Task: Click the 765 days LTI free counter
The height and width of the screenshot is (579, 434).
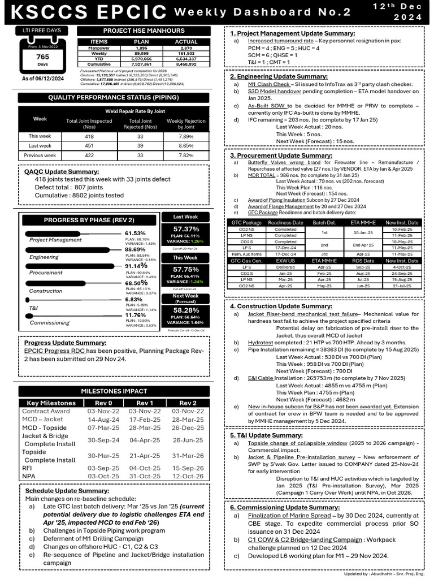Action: (x=42, y=58)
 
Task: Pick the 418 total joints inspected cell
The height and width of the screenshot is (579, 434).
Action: (x=90, y=136)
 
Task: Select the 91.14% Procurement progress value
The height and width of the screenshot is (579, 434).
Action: (x=136, y=265)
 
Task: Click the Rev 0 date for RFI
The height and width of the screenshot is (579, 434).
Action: (x=96, y=468)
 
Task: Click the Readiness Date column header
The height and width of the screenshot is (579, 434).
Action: (x=285, y=223)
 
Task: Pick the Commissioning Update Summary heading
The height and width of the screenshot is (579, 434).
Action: (x=276, y=507)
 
